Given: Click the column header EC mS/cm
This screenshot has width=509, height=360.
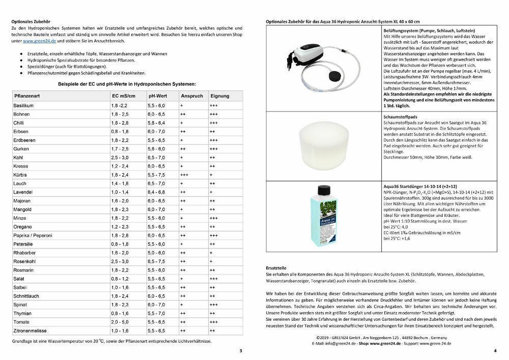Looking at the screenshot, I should (x=124, y=96).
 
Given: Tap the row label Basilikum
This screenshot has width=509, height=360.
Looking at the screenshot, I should (x=23, y=105).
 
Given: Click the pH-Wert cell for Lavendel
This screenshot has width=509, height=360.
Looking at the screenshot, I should (x=156, y=192).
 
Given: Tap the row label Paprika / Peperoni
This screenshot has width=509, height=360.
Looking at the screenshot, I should (x=34, y=235).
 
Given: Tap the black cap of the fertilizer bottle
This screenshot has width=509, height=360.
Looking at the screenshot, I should (x=325, y=191).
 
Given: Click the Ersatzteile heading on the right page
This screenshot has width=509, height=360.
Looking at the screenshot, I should (x=276, y=267).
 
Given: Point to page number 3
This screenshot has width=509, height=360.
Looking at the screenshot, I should (x=241, y=351).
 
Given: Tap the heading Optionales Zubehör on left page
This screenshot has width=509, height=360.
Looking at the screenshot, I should (x=31, y=21).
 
